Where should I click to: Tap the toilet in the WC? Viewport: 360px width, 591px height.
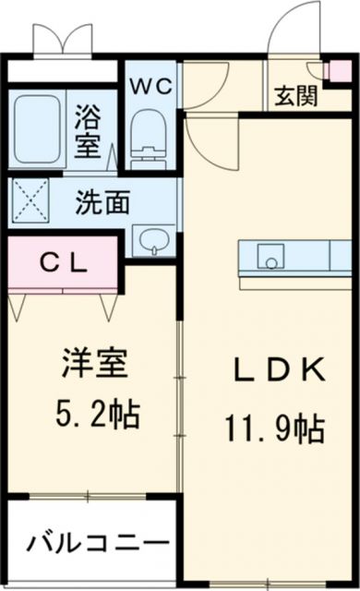tap(147, 137)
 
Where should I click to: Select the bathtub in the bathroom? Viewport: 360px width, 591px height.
tap(38, 128)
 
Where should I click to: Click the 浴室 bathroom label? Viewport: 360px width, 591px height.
tap(90, 128)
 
